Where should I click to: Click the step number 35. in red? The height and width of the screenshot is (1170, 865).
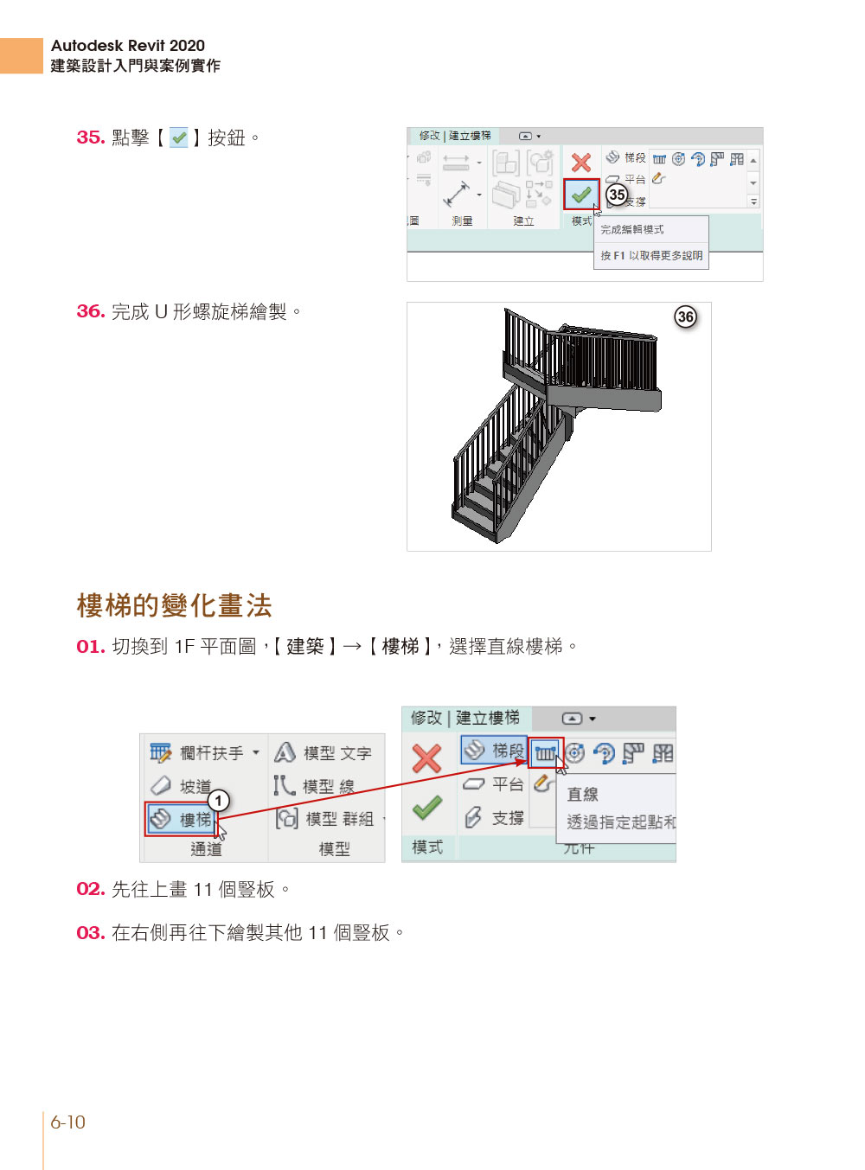[91, 137]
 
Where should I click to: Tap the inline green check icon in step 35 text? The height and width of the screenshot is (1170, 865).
[179, 137]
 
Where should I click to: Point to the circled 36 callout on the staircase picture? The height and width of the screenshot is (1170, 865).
[685, 316]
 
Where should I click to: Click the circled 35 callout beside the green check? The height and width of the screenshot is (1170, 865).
[617, 195]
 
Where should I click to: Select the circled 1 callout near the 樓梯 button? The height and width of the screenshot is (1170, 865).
[219, 801]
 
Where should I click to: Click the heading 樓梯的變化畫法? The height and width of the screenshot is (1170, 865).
[175, 605]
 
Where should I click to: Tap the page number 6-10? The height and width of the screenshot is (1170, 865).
[67, 1122]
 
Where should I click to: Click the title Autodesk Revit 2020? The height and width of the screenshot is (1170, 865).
[128, 46]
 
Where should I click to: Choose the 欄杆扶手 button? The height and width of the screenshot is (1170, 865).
[204, 753]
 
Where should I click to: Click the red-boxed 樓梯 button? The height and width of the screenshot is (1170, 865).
[181, 819]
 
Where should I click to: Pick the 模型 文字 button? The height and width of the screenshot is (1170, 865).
[324, 753]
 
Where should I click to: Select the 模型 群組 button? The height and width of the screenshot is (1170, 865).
[325, 819]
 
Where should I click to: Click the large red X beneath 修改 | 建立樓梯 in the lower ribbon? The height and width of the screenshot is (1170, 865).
[426, 759]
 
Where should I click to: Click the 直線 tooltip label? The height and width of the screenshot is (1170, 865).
[582, 794]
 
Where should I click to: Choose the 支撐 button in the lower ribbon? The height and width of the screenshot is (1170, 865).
[495, 817]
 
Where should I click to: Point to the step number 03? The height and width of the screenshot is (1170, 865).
[91, 933]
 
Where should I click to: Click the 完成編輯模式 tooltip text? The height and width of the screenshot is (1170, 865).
[632, 229]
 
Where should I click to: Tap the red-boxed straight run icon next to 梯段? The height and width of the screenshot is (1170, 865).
[546, 753]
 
